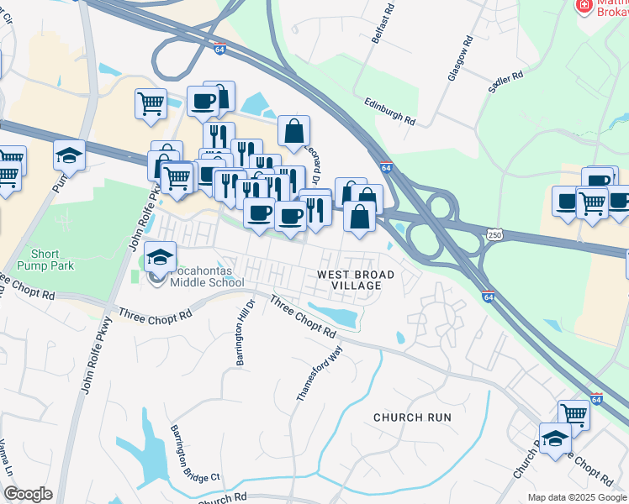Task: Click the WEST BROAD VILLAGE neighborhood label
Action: point(349,280)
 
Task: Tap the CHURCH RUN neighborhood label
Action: point(412,417)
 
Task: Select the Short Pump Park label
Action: point(52,260)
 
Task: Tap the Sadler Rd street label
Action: point(505,81)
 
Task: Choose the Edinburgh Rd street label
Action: point(390,109)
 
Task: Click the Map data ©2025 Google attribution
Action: point(576,497)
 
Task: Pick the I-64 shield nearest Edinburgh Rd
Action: point(386,167)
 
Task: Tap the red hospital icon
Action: point(583,7)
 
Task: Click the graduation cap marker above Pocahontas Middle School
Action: point(159,255)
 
